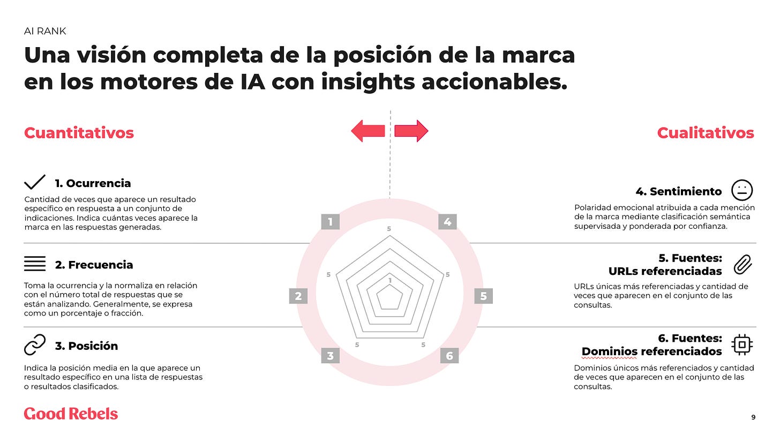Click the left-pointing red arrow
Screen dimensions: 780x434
click(x=368, y=131)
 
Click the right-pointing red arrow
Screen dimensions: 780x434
click(x=411, y=131)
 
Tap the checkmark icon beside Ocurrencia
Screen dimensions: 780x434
click(x=35, y=183)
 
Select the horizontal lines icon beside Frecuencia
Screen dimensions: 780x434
click(x=35, y=264)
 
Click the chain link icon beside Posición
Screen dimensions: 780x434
click(x=35, y=346)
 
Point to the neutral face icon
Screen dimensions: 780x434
click(x=742, y=190)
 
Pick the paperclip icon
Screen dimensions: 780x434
click(x=742, y=264)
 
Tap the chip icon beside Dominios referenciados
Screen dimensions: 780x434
click(x=742, y=345)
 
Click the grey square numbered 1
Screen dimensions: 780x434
click(x=331, y=222)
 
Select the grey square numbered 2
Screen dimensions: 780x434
click(x=298, y=296)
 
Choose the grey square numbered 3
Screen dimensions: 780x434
click(x=331, y=355)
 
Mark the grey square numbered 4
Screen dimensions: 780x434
click(x=447, y=222)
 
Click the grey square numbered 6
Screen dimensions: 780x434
click(x=449, y=355)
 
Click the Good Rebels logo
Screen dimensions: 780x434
click(x=71, y=414)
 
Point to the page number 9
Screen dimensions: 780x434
click(x=753, y=417)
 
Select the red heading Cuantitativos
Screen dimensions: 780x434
click(x=79, y=133)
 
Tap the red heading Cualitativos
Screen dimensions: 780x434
click(x=706, y=133)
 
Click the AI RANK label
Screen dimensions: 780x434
click(x=45, y=31)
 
